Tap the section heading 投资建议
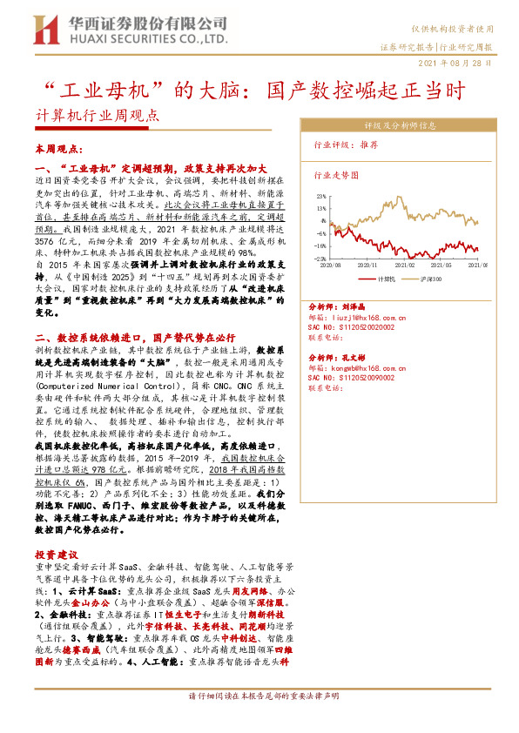57,554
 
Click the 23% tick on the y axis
321,198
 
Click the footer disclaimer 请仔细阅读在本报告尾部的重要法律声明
259,696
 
